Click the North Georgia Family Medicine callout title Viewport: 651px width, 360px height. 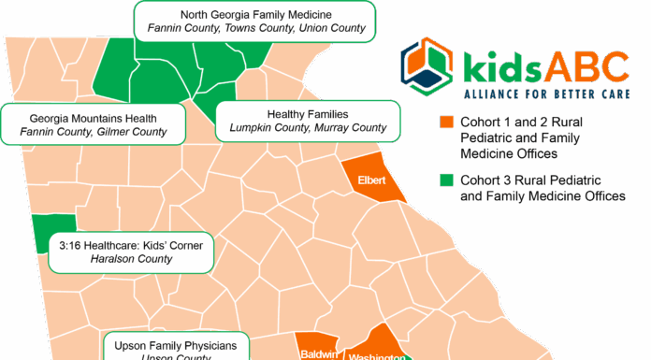(x=255, y=13)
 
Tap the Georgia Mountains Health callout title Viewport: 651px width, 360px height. (x=94, y=118)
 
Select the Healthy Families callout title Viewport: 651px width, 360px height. (x=308, y=113)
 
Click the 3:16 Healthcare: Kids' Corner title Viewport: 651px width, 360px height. (x=131, y=245)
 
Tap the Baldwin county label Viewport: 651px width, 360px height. (x=318, y=354)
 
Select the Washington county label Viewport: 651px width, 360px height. (x=376, y=356)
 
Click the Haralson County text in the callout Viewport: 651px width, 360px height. (x=131, y=259)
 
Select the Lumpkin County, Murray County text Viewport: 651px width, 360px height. (x=308, y=127)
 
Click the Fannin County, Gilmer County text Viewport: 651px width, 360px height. (x=94, y=132)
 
